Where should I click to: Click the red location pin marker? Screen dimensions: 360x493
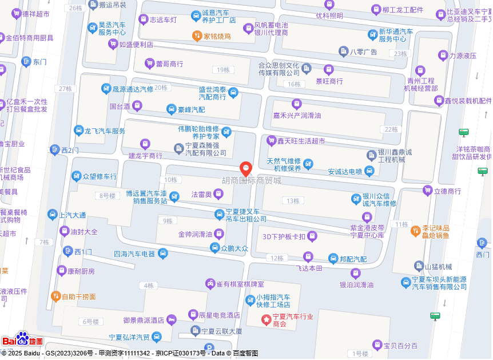(x=246, y=169)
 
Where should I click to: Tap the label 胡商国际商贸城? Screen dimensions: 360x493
(x=252, y=181)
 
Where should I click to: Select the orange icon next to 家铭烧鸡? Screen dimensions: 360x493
(x=196, y=36)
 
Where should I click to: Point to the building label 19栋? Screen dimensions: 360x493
(x=222, y=70)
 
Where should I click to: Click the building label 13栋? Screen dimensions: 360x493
(x=293, y=201)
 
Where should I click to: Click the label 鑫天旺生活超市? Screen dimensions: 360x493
(x=301, y=141)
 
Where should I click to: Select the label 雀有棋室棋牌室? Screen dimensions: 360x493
(x=240, y=284)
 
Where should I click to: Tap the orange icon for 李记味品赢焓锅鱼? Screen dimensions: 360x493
(x=415, y=231)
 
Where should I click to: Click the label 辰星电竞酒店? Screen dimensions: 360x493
(x=219, y=315)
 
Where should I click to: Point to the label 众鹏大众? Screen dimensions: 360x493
(x=234, y=248)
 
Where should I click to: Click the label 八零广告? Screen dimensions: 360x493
(x=364, y=52)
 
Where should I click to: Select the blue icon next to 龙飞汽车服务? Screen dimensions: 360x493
(x=78, y=131)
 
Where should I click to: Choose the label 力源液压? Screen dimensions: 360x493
(x=463, y=56)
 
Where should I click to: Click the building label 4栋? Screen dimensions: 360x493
(x=149, y=285)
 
